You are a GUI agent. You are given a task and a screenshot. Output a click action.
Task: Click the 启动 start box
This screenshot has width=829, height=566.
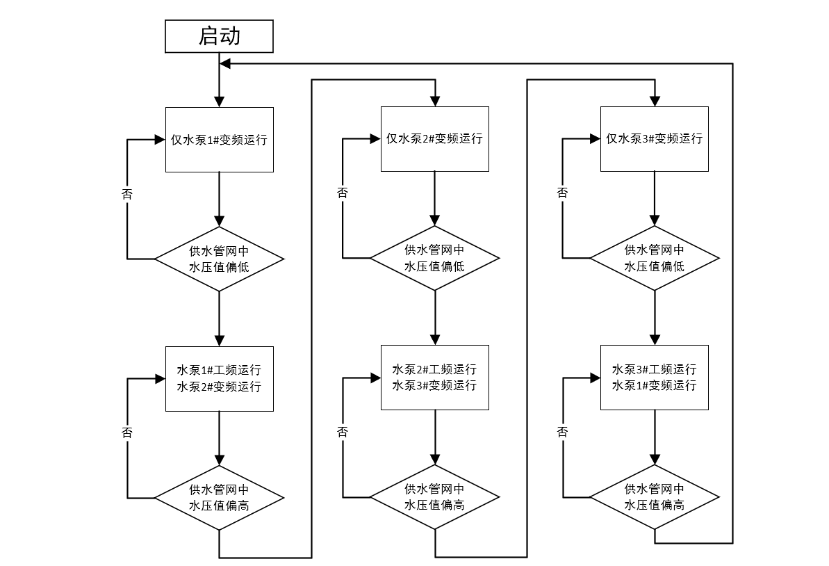pyautogui.click(x=219, y=36)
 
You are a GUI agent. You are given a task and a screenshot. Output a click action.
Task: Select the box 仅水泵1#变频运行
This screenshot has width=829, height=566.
pyautogui.click(x=219, y=139)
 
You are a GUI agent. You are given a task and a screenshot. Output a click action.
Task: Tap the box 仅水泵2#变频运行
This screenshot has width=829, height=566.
pyautogui.click(x=434, y=138)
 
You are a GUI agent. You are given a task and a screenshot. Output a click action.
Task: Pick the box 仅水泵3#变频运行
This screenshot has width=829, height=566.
pyautogui.click(x=654, y=138)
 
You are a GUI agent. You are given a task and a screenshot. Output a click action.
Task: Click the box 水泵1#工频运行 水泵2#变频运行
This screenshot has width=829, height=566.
pyautogui.click(x=219, y=378)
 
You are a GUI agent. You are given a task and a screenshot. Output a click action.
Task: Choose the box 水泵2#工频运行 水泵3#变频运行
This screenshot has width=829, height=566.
pyautogui.click(x=434, y=377)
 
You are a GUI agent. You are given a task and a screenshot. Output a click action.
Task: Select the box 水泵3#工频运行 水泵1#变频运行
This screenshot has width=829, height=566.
pyautogui.click(x=654, y=377)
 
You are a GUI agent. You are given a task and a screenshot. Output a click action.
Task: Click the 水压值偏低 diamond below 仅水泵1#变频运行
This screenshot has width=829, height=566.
pyautogui.click(x=219, y=259)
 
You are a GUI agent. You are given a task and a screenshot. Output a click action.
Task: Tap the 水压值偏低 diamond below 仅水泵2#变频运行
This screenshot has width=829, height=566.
pyautogui.click(x=434, y=258)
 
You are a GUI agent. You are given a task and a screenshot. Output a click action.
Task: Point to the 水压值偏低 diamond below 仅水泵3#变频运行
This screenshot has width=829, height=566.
pyautogui.click(x=654, y=258)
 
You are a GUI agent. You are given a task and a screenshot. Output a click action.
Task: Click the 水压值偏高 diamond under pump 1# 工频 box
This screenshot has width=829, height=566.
pyautogui.click(x=219, y=498)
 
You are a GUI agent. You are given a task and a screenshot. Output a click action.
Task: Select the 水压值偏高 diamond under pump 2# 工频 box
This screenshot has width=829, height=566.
pyautogui.click(x=434, y=497)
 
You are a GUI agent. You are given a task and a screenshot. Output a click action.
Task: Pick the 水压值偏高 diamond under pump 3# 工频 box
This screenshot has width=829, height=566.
pyautogui.click(x=654, y=497)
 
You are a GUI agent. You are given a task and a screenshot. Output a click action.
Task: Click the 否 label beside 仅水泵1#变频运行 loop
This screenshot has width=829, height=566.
pyautogui.click(x=127, y=194)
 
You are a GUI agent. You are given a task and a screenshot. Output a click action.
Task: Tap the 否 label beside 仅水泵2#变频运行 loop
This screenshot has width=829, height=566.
pyautogui.click(x=343, y=193)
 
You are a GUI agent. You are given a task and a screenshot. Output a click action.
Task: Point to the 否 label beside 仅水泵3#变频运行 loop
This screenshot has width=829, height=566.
pyautogui.click(x=562, y=193)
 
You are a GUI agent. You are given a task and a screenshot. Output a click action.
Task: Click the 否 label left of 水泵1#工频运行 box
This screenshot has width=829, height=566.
pyautogui.click(x=127, y=432)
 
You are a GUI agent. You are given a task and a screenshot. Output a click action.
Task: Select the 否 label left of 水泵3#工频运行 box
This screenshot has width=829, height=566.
pyautogui.click(x=562, y=432)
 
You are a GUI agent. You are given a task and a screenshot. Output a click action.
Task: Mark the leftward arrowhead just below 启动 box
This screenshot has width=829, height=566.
pyautogui.click(x=224, y=64)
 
